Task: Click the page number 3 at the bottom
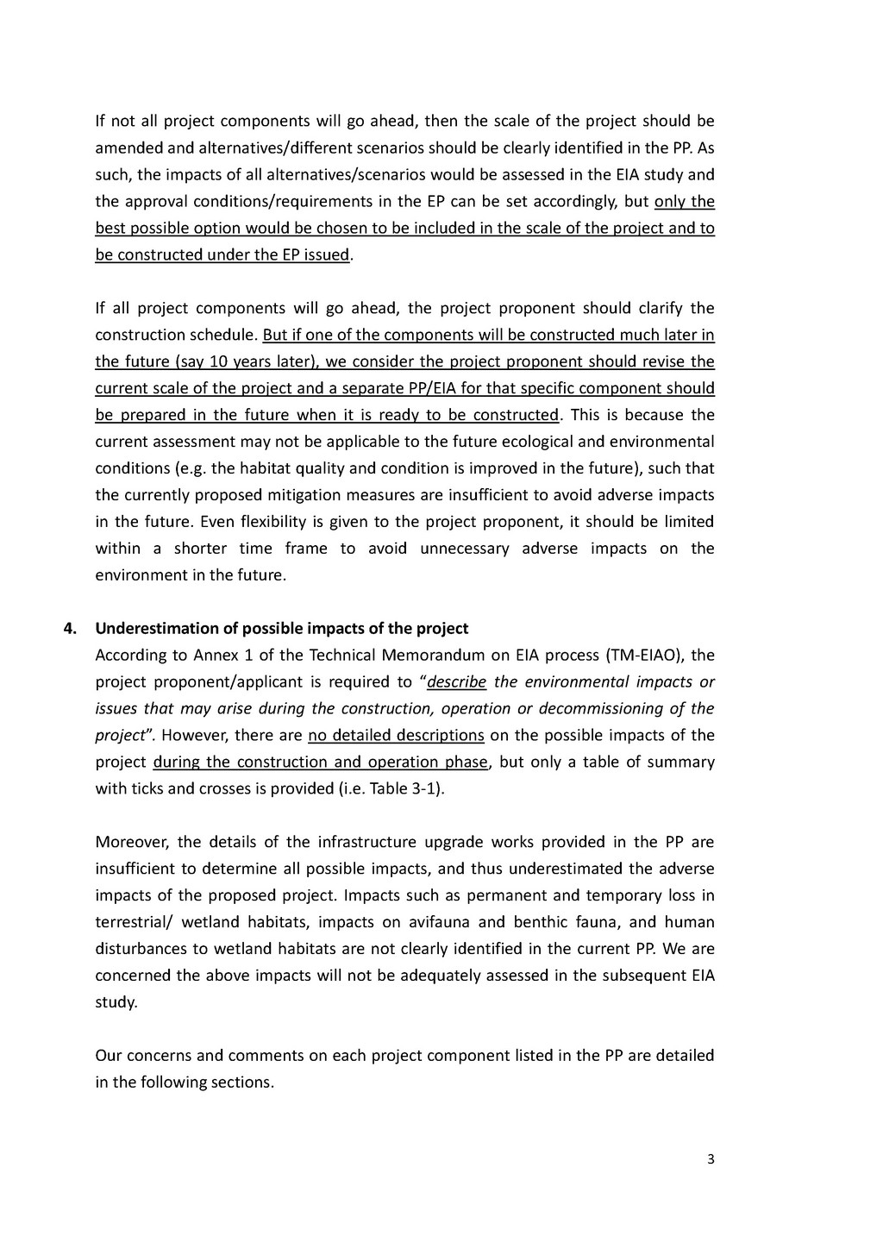[711, 1159]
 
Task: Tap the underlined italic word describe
[457, 681]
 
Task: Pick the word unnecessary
[465, 549]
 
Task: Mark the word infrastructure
[366, 842]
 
